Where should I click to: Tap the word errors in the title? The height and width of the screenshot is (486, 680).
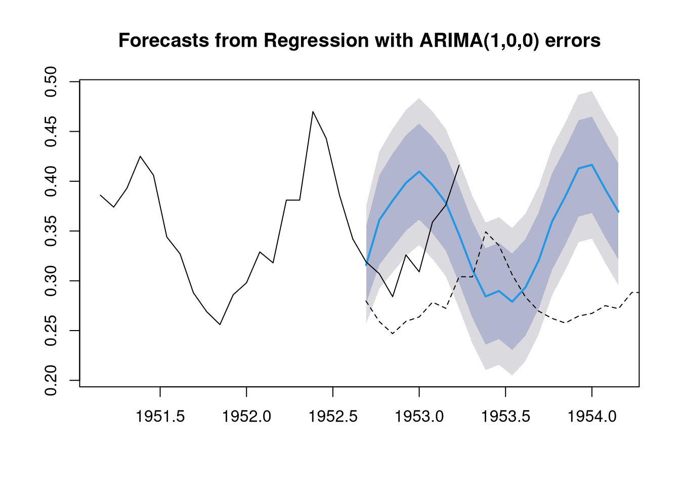(x=574, y=40)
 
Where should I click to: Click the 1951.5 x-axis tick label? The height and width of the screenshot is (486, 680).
(x=160, y=417)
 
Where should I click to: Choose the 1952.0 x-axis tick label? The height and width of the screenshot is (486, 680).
(x=246, y=417)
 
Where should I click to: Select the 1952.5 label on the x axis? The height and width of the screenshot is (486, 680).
(x=333, y=417)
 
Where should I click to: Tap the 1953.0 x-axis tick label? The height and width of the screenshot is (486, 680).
(x=419, y=417)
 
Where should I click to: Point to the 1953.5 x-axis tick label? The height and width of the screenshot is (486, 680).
(x=506, y=417)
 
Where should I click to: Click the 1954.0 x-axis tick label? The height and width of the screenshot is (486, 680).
(x=592, y=417)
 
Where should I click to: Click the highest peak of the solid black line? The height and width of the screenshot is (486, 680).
(x=313, y=111)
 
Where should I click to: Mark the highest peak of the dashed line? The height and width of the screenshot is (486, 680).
(x=486, y=232)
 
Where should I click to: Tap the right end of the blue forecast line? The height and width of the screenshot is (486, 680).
(x=618, y=212)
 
